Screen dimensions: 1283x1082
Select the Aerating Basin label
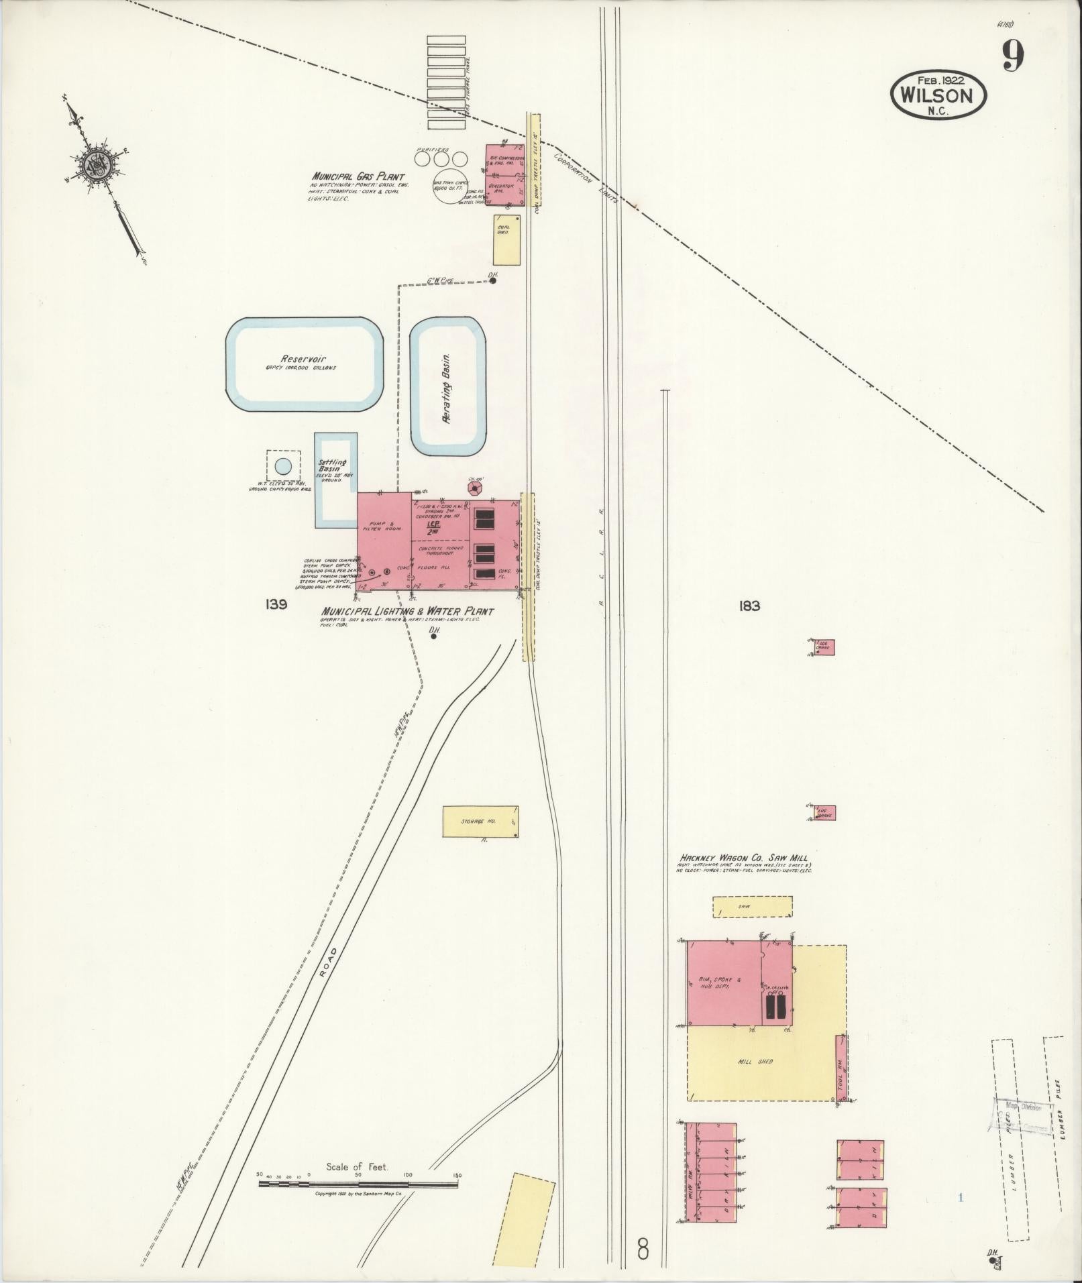[447, 388]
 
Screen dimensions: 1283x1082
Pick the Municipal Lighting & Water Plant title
[407, 612]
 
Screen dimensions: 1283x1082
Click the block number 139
[276, 605]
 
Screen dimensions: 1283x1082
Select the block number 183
[749, 606]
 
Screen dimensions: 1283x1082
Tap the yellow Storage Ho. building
[480, 822]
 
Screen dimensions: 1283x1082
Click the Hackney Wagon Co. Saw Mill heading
[744, 858]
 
